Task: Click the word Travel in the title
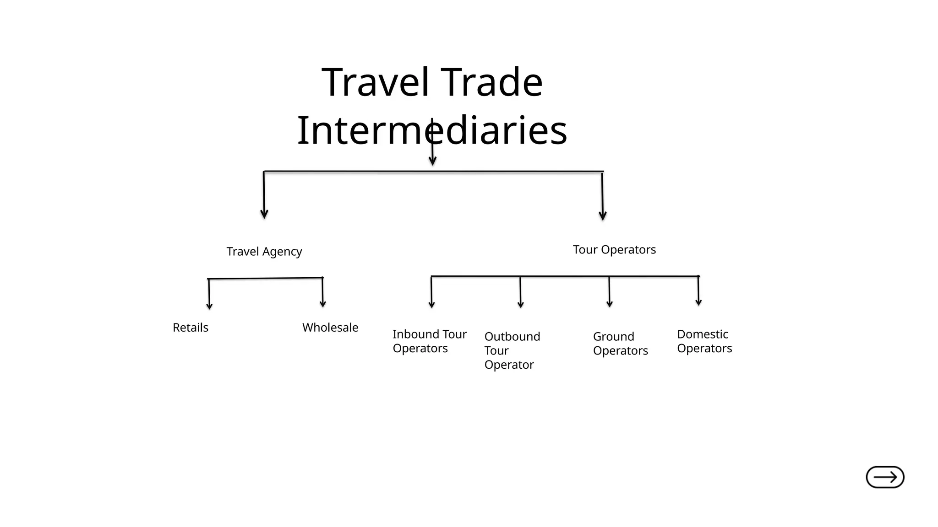click(x=376, y=82)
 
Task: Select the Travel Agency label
click(x=264, y=252)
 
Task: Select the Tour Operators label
click(x=614, y=250)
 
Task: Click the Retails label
click(x=191, y=328)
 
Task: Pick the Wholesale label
click(x=330, y=328)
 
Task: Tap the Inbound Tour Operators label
click(x=429, y=341)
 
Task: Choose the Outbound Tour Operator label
click(x=512, y=350)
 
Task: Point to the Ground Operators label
click(x=620, y=344)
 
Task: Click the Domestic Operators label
click(x=704, y=341)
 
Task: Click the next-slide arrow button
click(x=885, y=477)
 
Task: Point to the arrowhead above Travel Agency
click(x=264, y=214)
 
